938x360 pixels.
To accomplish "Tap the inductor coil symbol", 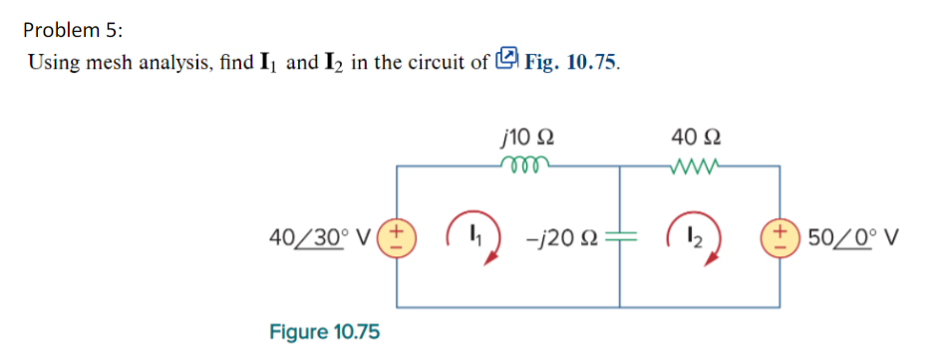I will click(525, 164).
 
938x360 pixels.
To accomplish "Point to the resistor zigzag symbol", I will click(697, 164).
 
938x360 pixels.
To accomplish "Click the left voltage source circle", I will click(399, 239).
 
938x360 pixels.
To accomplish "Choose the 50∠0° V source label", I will click(854, 239).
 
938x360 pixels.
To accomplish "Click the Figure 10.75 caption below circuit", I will click(324, 331).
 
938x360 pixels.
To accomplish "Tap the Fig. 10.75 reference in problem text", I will click(572, 63).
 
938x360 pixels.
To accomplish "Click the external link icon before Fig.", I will click(508, 61).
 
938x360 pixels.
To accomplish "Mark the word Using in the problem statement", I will click(51, 63).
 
